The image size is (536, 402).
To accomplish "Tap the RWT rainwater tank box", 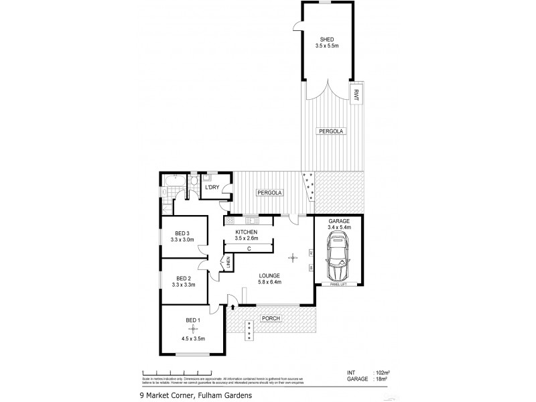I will pos(356,94).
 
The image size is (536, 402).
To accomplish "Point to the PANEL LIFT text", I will pos(338,284).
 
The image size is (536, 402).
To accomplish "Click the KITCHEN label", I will pos(246,232).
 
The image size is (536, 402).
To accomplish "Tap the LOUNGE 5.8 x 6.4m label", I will pos(269,278).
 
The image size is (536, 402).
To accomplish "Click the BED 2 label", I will pos(184,278).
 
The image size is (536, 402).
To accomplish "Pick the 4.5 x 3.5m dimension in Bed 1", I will pos(193,339).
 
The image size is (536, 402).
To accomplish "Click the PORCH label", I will pos(271,318).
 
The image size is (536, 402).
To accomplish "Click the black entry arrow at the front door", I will pos(232,307).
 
